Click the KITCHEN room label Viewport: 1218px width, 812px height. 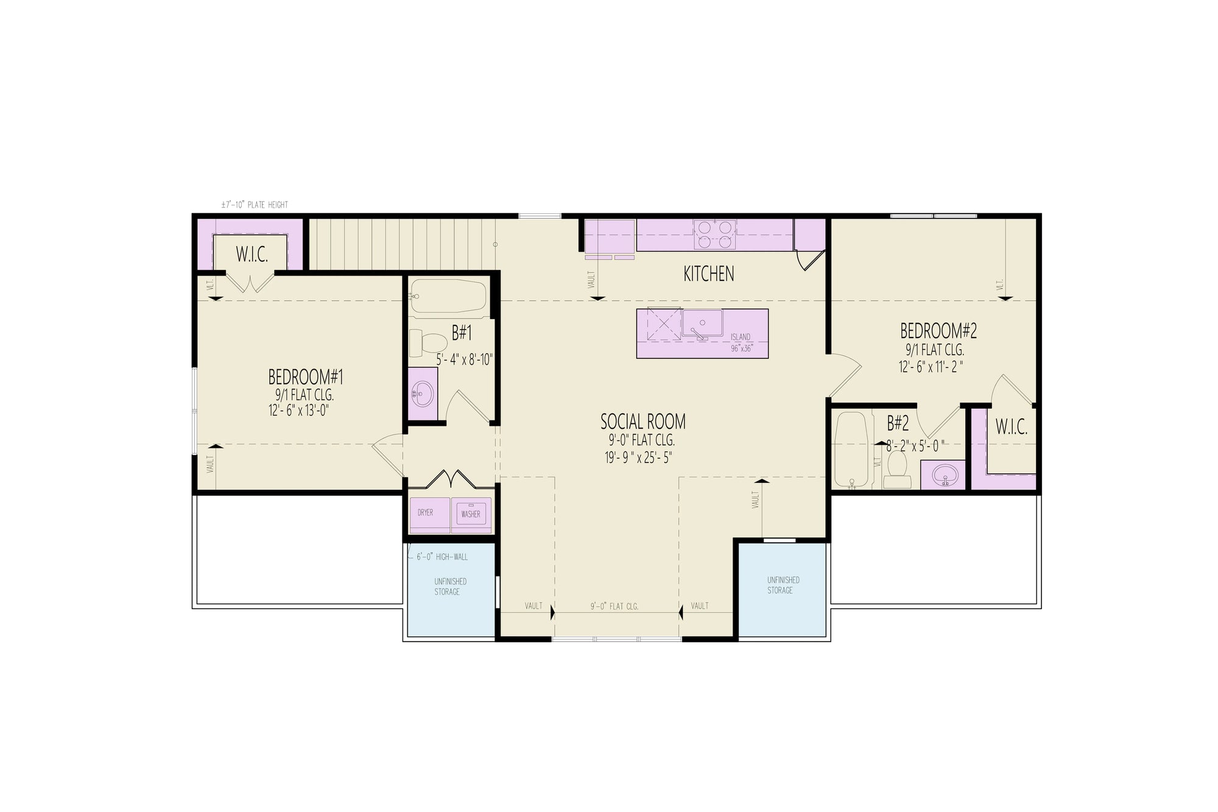tap(708, 274)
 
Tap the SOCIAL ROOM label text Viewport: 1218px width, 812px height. tap(642, 422)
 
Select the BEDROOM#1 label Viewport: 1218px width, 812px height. tap(306, 377)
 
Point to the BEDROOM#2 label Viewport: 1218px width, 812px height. tap(938, 331)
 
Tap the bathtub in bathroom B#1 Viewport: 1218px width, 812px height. tap(448, 296)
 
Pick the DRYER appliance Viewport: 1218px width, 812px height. tap(425, 513)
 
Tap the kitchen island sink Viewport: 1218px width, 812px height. tap(702, 323)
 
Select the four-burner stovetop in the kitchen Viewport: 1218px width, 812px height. tap(714, 235)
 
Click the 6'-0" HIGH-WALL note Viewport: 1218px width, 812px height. tap(442, 557)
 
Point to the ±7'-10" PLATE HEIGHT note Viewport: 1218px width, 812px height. tap(255, 205)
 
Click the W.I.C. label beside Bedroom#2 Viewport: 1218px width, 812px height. tap(1011, 428)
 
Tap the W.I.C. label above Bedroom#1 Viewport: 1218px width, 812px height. tap(252, 255)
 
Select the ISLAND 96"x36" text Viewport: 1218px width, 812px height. tap(741, 343)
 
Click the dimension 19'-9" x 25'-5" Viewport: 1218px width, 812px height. tap(638, 458)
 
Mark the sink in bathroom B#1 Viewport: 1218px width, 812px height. tap(422, 394)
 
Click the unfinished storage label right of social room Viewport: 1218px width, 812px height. tap(783, 585)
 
